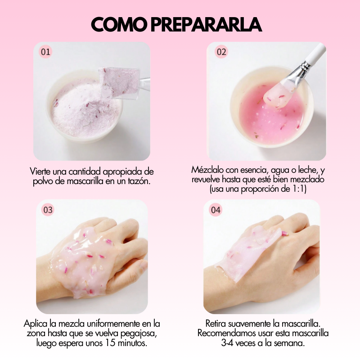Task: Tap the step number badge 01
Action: coord(46,52)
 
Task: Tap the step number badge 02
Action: coord(221,52)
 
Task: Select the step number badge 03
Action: coord(48,210)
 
